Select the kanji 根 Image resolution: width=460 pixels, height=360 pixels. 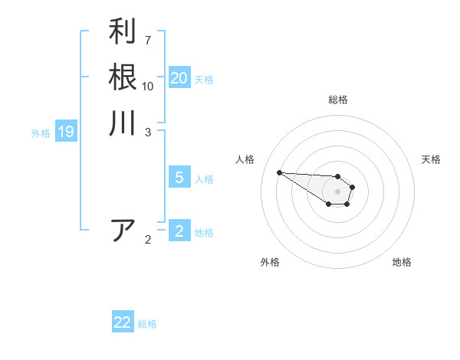pyautogui.click(x=123, y=77)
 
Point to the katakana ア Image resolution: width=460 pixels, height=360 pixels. pyautogui.click(x=123, y=231)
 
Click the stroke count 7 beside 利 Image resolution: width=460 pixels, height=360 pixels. pyautogui.click(x=148, y=39)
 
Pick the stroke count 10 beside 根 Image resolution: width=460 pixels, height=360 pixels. pyautogui.click(x=148, y=86)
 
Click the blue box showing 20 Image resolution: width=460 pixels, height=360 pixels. pyautogui.click(x=179, y=78)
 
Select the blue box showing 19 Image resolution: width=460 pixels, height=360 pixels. pyautogui.click(x=66, y=132)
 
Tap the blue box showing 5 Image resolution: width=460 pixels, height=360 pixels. pyautogui.click(x=179, y=178)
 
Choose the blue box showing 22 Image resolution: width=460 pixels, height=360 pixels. pyautogui.click(x=123, y=322)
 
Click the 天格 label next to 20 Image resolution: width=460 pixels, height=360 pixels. pyautogui.click(x=204, y=80)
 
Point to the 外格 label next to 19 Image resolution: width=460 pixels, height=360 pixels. pyautogui.click(x=41, y=133)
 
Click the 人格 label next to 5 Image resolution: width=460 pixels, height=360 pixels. pyautogui.click(x=204, y=179)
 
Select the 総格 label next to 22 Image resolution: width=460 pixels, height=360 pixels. pyautogui.click(x=147, y=324)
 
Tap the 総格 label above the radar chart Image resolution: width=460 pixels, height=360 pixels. pyautogui.click(x=338, y=100)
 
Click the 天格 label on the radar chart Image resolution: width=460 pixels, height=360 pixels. pyautogui.click(x=432, y=159)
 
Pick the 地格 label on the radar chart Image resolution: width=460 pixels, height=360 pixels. pyautogui.click(x=402, y=262)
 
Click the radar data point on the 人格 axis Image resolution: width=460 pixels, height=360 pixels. pyautogui.click(x=279, y=172)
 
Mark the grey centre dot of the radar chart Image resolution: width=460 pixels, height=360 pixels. pyautogui.click(x=337, y=191)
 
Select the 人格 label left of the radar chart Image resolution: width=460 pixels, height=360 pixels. pyautogui.click(x=245, y=159)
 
